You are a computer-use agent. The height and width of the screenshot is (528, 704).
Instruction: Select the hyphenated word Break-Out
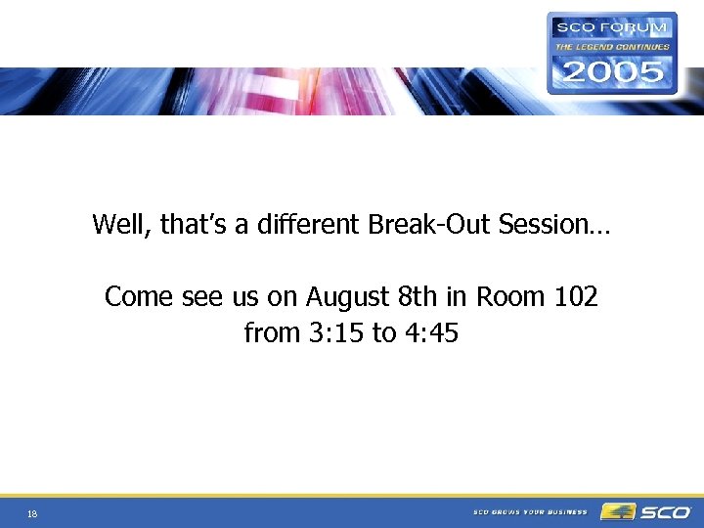430,225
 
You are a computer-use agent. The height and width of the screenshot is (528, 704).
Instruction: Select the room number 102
575,296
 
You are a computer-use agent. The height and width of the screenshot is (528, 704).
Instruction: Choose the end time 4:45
430,333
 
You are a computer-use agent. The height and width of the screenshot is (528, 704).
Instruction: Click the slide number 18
33,513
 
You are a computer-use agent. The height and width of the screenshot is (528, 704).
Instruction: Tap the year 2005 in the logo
611,70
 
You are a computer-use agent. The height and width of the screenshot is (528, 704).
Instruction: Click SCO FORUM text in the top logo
611,27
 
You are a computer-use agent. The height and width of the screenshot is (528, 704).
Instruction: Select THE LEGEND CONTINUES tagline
612,46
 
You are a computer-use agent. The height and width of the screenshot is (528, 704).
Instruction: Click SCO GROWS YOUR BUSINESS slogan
530,511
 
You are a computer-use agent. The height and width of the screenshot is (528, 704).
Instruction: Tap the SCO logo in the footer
646,511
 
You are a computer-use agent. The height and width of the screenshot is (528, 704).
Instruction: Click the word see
204,297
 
